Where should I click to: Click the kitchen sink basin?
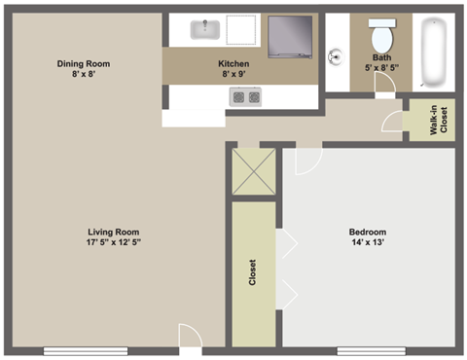click(x=206, y=29)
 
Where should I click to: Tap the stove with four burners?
click(x=244, y=96)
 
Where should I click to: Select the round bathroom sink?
click(x=335, y=55)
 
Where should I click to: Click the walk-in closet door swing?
click(x=391, y=121)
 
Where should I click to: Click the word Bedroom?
click(x=367, y=232)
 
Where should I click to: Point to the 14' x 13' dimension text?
click(x=367, y=244)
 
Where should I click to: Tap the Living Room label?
click(x=114, y=232)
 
